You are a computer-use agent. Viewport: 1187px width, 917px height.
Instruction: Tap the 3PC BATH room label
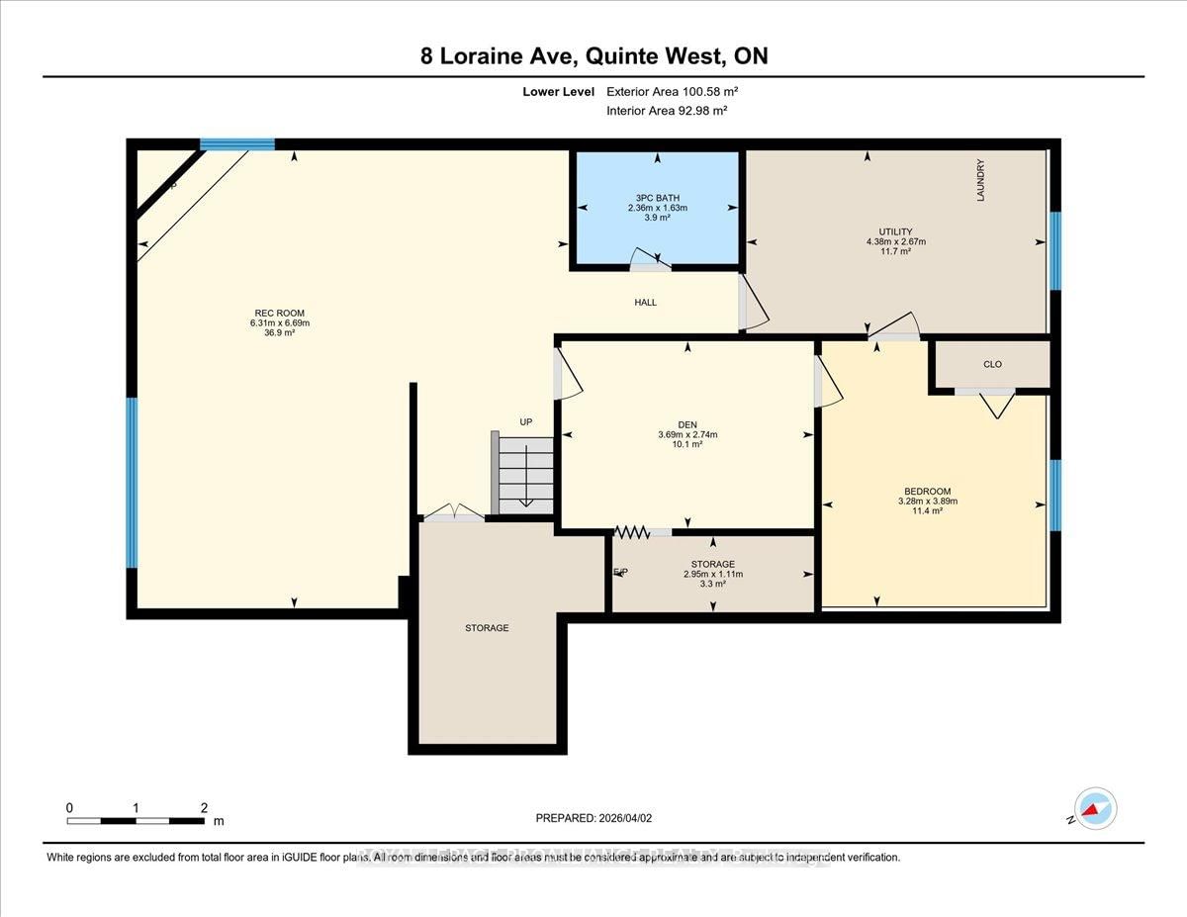pyautogui.click(x=657, y=197)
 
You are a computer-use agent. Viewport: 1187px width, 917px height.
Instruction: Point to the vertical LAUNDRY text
pyautogui.click(x=981, y=180)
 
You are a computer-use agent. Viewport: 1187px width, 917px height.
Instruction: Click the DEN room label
pyautogui.click(x=686, y=424)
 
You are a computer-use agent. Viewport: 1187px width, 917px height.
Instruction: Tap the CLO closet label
pyautogui.click(x=992, y=364)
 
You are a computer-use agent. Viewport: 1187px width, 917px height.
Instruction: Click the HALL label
pyautogui.click(x=645, y=303)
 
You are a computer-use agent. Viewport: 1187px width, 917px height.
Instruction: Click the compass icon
pyautogui.click(x=1094, y=809)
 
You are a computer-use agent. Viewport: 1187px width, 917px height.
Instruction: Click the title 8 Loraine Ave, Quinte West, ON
pyautogui.click(x=593, y=56)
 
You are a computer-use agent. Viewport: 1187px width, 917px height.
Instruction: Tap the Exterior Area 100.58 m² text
pyautogui.click(x=673, y=91)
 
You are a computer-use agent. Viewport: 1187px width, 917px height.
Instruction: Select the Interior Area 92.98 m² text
pyautogui.click(x=667, y=111)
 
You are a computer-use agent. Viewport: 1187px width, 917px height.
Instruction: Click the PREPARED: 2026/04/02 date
pyautogui.click(x=593, y=818)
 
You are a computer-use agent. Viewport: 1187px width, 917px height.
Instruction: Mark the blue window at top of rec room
pyautogui.click(x=237, y=144)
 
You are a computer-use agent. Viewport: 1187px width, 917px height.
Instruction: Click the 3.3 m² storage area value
pyautogui.click(x=712, y=585)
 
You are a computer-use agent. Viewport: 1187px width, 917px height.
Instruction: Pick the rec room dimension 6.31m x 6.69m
pyautogui.click(x=273, y=322)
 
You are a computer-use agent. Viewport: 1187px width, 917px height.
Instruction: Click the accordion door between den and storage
pyautogui.click(x=631, y=532)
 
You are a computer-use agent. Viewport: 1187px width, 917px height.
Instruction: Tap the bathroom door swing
pyautogui.click(x=651, y=260)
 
